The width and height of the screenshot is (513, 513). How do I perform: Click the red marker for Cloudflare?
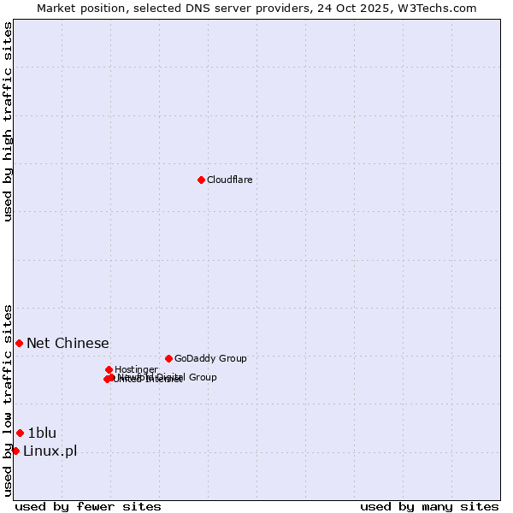click(x=201, y=180)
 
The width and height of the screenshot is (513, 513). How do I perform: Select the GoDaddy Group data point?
click(x=168, y=358)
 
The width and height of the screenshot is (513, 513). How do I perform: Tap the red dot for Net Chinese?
click(x=19, y=343)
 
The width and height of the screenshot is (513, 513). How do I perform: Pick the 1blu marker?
click(x=20, y=433)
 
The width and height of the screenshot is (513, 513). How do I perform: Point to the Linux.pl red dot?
click(x=15, y=451)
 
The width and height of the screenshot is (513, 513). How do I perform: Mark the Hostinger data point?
click(x=109, y=369)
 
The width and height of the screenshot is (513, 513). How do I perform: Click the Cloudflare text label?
click(x=229, y=180)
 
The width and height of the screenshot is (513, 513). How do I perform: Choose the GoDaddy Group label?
click(x=210, y=358)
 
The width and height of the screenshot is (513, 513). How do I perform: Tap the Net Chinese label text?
click(x=68, y=343)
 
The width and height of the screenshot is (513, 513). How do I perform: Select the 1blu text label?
click(x=42, y=433)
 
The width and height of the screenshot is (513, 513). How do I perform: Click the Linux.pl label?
click(x=50, y=451)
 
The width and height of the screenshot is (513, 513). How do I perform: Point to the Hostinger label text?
click(x=136, y=369)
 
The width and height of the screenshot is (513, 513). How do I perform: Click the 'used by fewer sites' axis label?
click(x=88, y=506)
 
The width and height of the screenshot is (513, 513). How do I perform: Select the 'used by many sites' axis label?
click(x=429, y=506)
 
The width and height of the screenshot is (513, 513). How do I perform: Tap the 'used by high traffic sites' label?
click(x=8, y=121)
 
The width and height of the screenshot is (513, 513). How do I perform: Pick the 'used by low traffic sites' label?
click(x=8, y=399)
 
